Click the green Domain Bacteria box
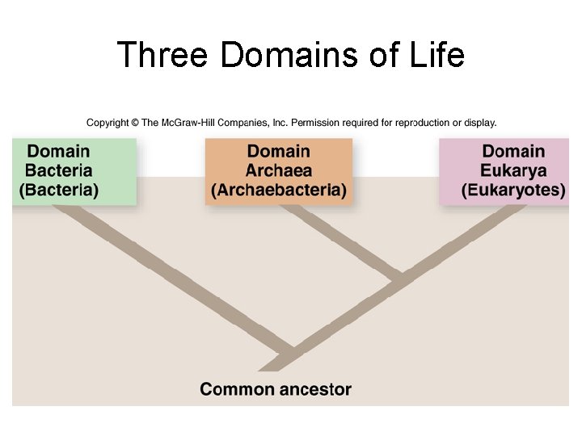[74, 170]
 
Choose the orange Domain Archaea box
[279, 170]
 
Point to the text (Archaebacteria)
[279, 191]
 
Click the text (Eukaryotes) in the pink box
[513, 191]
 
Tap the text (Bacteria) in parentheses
[59, 191]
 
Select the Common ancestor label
[276, 389]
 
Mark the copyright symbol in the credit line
[135, 123]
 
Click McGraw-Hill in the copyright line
[188, 123]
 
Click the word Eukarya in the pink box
[513, 170]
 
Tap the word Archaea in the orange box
[279, 170]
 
